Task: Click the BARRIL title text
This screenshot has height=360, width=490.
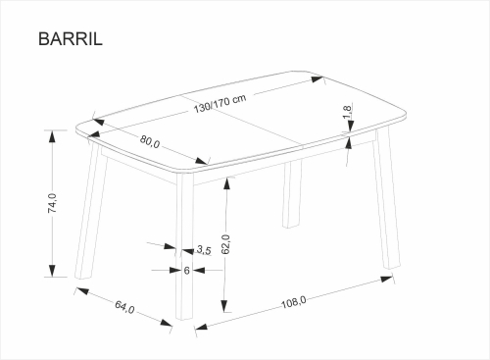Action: tap(71, 39)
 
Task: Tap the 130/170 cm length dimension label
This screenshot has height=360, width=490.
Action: tap(220, 104)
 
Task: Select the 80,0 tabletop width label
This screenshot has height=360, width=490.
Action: tap(150, 141)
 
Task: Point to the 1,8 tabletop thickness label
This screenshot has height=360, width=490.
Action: tap(347, 112)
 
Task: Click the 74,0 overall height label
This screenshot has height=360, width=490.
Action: tap(52, 203)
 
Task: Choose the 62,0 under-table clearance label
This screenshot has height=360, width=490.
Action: tap(225, 244)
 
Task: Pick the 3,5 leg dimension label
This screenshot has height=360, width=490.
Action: tap(204, 250)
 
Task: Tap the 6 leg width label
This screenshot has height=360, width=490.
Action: tap(186, 271)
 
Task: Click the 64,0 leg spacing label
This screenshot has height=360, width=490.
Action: tap(124, 307)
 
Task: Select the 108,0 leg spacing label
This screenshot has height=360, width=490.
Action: tap(294, 302)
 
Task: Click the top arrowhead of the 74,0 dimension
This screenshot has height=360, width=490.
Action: tap(52, 136)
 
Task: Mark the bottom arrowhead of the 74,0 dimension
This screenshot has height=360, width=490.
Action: tap(52, 271)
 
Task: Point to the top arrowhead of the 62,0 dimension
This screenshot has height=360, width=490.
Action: tap(225, 184)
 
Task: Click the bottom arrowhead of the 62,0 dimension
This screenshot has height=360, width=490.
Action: tap(224, 305)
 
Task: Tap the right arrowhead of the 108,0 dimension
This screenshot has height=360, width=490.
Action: tap(386, 280)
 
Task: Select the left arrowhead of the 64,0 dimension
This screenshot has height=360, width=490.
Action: tap(82, 290)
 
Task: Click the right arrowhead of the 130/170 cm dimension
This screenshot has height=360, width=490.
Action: tap(317, 79)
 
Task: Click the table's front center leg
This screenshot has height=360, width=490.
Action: tap(184, 246)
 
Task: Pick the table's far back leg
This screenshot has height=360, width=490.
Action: tap(292, 194)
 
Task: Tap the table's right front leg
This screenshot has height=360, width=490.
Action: tap(387, 199)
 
